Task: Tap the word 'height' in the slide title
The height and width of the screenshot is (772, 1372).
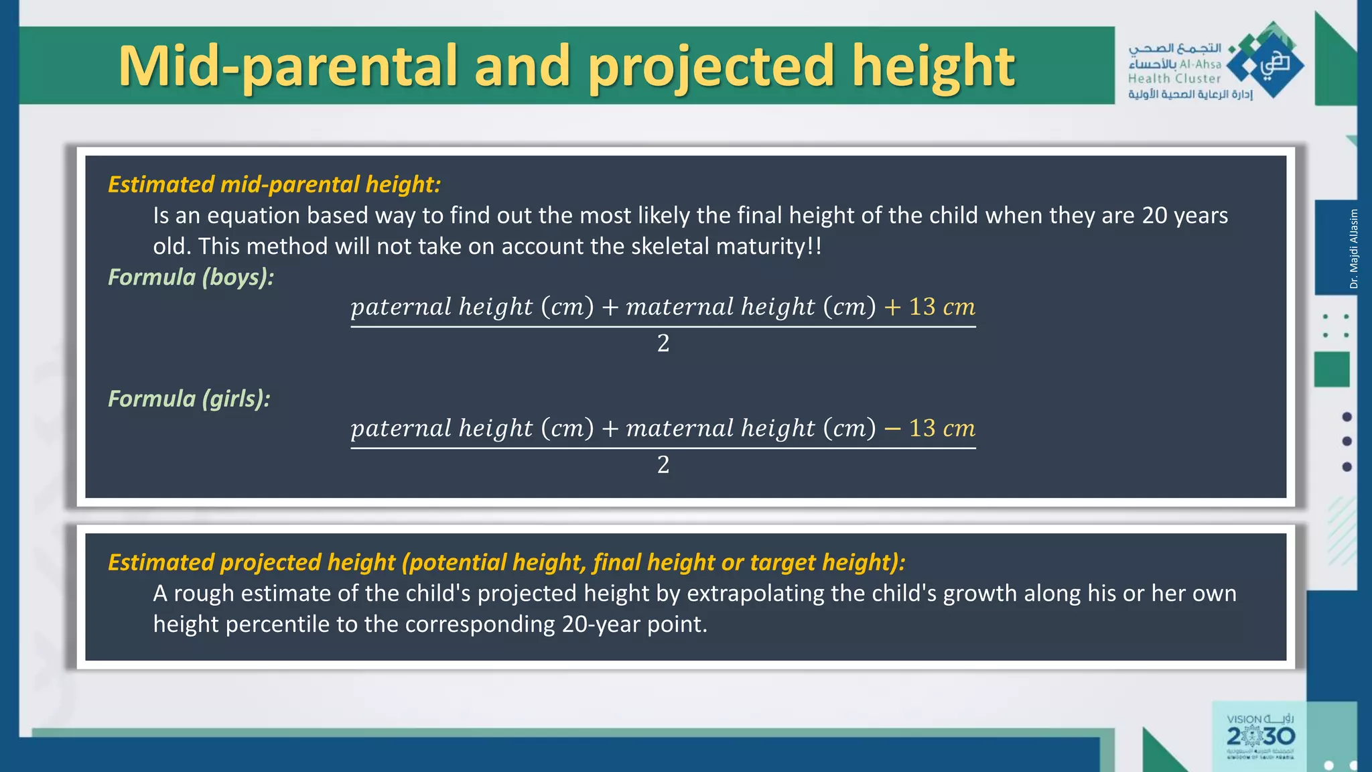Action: coord(933,67)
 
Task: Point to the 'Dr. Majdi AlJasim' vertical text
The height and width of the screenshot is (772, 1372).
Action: coord(1353,249)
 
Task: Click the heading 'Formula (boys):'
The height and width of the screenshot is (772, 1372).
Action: coord(191,277)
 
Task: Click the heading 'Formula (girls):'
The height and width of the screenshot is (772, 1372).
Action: coord(189,399)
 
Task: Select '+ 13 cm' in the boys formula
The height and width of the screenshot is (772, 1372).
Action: coord(930,307)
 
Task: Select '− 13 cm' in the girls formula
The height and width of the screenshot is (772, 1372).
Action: coord(930,428)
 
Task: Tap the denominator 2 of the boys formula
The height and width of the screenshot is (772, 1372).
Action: coord(663,343)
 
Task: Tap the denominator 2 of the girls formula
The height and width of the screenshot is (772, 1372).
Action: coord(663,464)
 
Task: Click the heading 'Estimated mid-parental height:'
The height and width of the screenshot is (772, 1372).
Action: coord(274,184)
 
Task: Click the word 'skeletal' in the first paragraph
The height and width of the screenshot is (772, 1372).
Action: coord(670,247)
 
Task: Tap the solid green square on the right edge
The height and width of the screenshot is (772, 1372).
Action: coord(1331,369)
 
